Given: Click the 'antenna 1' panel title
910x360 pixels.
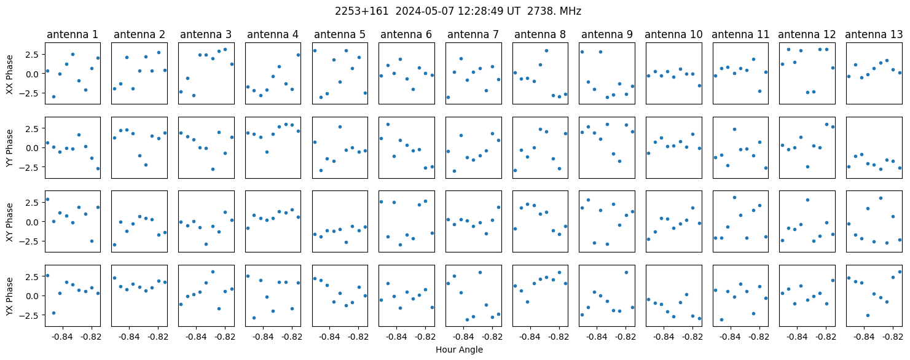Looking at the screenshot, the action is tap(73, 35).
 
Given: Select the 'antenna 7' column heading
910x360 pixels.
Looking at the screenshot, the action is tap(473, 35).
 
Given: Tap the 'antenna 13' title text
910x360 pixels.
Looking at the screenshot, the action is tap(874, 35).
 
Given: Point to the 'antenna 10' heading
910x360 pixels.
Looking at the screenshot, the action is tap(673, 35).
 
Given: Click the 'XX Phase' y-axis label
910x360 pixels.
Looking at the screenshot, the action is tap(10, 74).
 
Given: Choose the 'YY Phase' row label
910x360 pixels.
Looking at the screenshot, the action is tap(10, 148).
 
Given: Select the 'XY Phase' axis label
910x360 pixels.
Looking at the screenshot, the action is tap(10, 222).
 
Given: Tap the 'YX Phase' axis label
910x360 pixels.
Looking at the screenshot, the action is tap(10, 295).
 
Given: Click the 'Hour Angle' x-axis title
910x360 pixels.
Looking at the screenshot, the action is tap(459, 350).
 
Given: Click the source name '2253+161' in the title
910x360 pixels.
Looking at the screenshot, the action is tap(361, 12).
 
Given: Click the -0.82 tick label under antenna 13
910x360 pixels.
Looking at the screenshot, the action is tap(893, 337).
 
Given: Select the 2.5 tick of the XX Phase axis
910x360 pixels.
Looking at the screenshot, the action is tap(34, 55).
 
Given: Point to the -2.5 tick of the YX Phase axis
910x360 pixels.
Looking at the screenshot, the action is tap(32, 315).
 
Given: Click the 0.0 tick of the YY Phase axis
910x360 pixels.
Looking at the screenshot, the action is tap(34, 148).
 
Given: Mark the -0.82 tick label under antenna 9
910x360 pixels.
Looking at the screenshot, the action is tap(626, 337).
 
